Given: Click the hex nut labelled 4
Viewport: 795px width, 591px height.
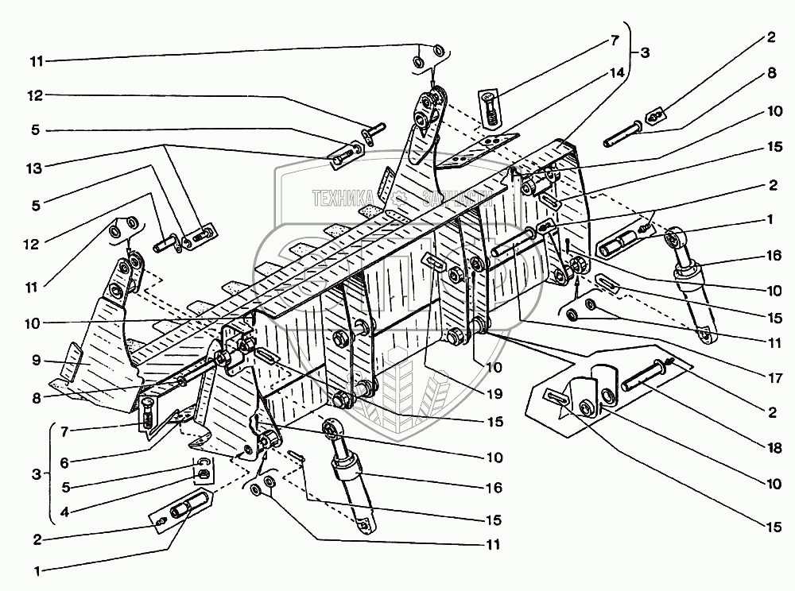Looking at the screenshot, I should [x=202, y=473].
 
